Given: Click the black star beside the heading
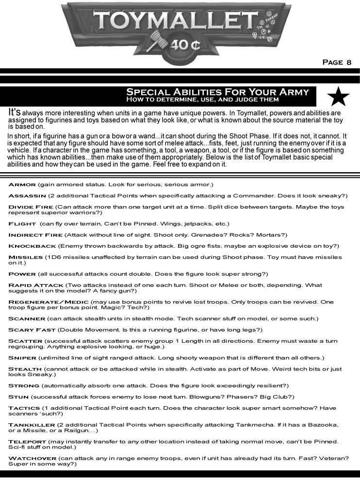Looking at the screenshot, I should pos(339,96).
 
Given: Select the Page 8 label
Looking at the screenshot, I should pos(337,62).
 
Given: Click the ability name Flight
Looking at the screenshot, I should pos(22,224).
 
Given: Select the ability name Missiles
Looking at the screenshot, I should pos(26,257).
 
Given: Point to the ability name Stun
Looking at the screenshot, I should pos(17,397).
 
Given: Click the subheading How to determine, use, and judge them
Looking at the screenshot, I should pos(202,99).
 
